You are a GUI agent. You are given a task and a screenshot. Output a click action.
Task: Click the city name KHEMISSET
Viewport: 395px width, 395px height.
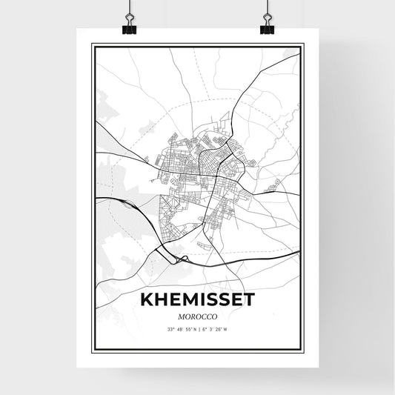pos(196,300)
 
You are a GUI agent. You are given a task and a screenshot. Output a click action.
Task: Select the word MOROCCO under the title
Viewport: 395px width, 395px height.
pos(196,316)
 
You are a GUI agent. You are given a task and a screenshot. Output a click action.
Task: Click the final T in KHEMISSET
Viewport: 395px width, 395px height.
pos(250,300)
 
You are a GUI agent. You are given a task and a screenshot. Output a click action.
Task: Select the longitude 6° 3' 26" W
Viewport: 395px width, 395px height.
pos(216,329)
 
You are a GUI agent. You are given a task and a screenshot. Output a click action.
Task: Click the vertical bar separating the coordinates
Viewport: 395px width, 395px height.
pos(197,329)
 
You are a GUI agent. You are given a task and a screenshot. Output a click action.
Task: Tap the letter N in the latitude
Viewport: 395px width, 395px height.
pos(191,329)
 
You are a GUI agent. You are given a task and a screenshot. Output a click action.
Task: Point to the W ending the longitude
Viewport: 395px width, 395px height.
pos(227,329)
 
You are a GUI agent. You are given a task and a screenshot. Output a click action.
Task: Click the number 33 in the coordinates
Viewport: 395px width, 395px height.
pos(169,329)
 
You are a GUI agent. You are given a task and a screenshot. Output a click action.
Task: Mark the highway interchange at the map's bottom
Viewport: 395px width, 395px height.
pos(180,258)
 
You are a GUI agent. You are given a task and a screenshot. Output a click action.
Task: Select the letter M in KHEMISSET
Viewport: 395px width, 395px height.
pos(188,300)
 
